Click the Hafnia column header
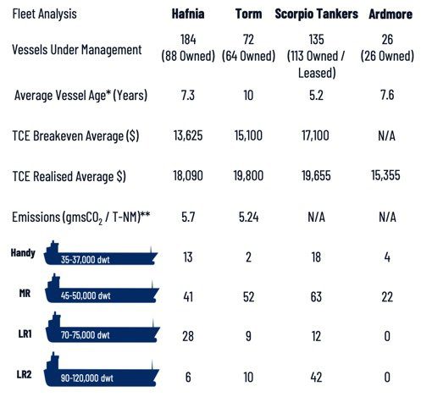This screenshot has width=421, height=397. coord(188,14)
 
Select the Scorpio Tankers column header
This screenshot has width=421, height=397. coord(317,14)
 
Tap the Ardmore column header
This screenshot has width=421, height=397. coord(391,14)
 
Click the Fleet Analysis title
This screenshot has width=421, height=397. coord(44,14)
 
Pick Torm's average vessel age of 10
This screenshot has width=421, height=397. coord(248,95)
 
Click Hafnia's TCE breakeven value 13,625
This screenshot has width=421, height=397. coord(188,135)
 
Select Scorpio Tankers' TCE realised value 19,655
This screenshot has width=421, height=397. coord(316,176)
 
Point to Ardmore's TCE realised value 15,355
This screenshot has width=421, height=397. coord(385,175)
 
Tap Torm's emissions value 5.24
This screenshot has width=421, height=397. coord(249,217)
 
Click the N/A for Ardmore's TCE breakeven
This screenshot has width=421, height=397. coord(387,136)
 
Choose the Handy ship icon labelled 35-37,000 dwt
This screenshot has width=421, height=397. coord(101,253)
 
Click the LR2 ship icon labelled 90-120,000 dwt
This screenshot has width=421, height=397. coord(102,370)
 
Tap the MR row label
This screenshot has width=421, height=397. coord(25,294)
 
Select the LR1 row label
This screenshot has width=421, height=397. coord(25,334)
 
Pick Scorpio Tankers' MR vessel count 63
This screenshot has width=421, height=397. coord(316,297)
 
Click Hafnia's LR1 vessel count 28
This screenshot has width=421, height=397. coord(188,336)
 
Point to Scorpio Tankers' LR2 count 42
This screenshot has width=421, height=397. coord(316,378)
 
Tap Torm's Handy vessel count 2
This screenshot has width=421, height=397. coord(248,257)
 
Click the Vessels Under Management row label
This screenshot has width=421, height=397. coord(77,50)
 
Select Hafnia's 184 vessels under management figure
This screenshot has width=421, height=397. coord(188,39)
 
